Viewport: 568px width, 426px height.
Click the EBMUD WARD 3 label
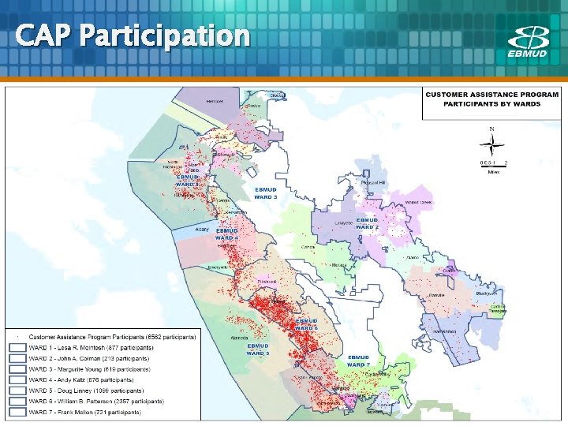(266, 193)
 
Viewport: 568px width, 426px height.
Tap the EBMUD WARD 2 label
(368, 223)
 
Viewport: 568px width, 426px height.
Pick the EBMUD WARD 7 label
(358, 361)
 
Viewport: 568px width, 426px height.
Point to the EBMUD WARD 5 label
(258, 349)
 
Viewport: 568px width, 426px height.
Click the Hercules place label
(215, 102)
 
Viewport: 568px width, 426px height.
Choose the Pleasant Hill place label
(372, 182)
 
